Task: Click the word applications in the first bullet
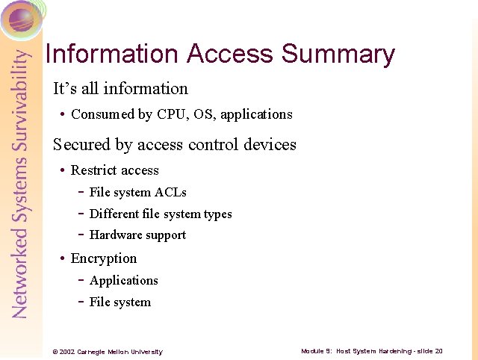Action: click(256, 115)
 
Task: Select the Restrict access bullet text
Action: click(114, 170)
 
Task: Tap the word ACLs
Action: click(171, 193)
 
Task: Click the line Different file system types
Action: click(161, 214)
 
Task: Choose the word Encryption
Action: click(104, 258)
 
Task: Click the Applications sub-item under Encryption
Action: click(124, 281)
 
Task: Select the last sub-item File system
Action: click(120, 302)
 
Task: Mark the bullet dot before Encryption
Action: click(62, 259)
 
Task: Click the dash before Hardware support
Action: click(81, 235)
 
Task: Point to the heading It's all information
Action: click(120, 89)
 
